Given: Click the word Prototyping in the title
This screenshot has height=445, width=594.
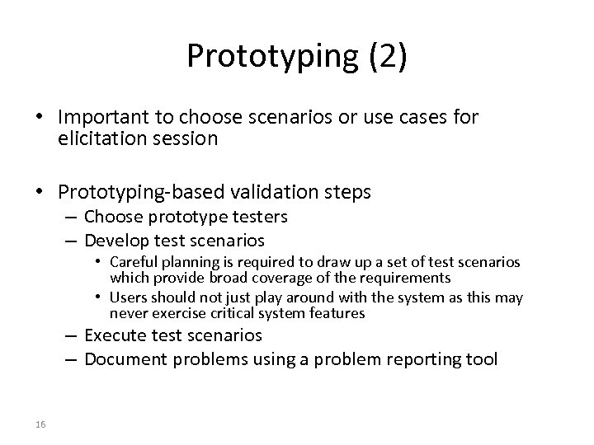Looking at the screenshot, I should coord(270,55).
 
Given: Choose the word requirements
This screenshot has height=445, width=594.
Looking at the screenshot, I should coord(401,278).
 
